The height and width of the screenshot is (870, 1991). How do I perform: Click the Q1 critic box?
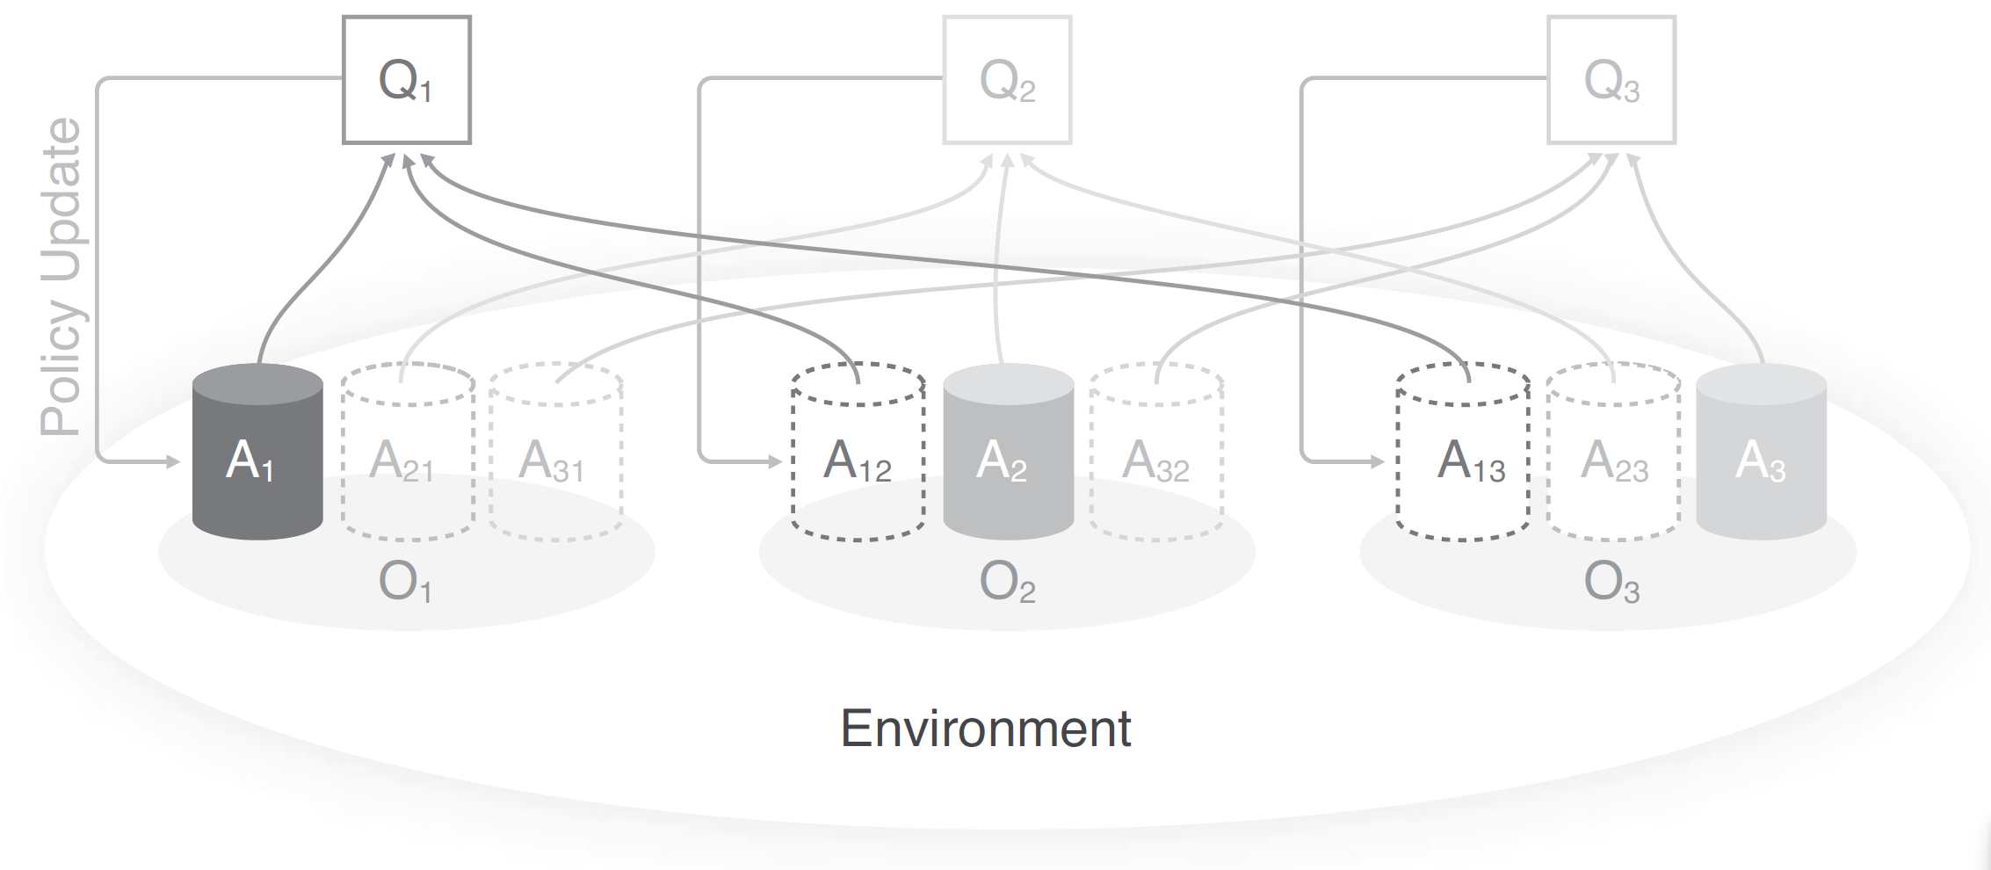coord(406,80)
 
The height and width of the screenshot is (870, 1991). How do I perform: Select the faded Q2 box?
coord(1007,80)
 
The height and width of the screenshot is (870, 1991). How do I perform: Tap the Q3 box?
coord(1611,80)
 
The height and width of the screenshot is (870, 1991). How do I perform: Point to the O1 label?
coord(405,582)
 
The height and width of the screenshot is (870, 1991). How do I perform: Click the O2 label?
coord(1007,582)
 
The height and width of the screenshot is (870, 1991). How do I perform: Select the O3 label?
coord(1611,582)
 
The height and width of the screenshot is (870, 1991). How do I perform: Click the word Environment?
coord(986,729)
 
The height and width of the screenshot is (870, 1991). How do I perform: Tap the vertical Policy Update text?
coord(62,277)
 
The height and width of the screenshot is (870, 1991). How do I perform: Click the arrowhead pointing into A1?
coord(172,460)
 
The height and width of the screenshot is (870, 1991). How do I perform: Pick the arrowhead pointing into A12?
coord(774,460)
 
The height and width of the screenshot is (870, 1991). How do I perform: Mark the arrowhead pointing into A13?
coord(1377,460)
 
